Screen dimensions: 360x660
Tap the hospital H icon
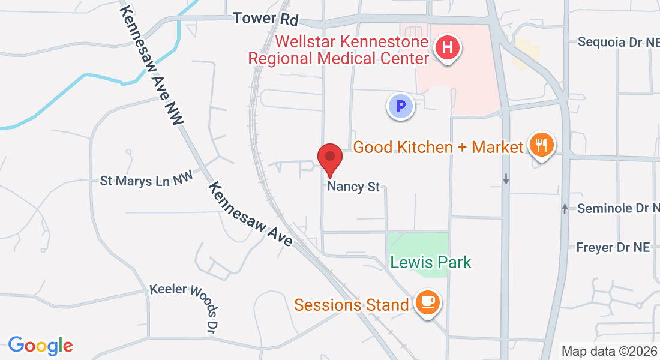448,47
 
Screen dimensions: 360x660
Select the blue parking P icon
400,107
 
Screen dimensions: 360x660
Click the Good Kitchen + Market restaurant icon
542,145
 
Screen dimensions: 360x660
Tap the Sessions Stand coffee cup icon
427,303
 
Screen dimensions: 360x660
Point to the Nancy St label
353,187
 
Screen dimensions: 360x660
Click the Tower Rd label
266,18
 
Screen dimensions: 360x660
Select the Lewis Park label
430,262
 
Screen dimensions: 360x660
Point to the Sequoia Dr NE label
618,42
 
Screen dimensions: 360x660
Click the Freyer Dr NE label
613,247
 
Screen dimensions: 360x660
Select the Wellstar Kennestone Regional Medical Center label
339,50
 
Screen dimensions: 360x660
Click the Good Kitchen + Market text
439,146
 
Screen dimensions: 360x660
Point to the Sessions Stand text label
351,305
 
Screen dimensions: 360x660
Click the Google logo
40,346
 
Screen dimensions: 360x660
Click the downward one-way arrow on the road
506,179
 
